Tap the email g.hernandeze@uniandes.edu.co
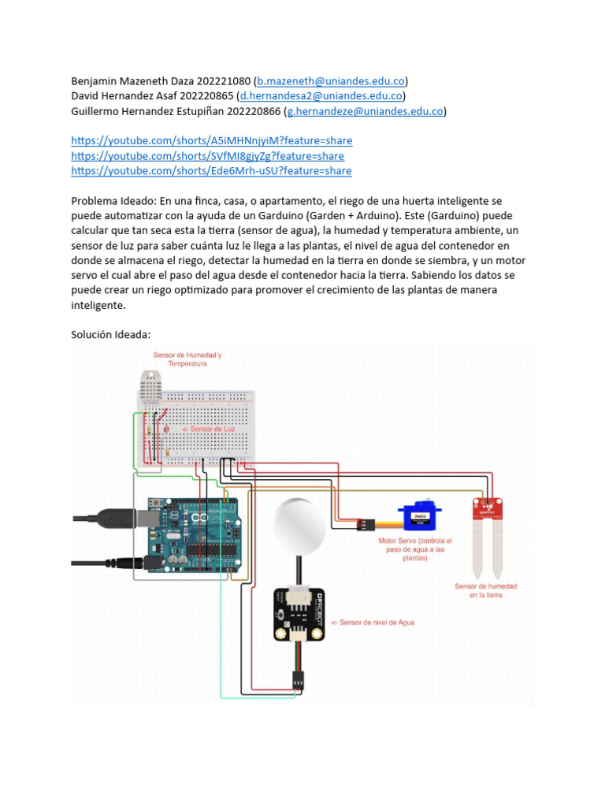(x=365, y=111)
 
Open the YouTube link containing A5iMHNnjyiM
(x=211, y=141)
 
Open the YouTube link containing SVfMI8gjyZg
(x=207, y=156)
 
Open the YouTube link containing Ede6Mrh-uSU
(x=211, y=171)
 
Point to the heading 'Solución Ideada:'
(x=110, y=335)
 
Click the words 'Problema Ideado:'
(x=113, y=201)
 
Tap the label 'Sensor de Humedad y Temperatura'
(x=187, y=359)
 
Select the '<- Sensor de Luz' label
(x=209, y=430)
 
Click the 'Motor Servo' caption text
(x=415, y=549)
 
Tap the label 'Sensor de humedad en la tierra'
(x=486, y=591)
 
